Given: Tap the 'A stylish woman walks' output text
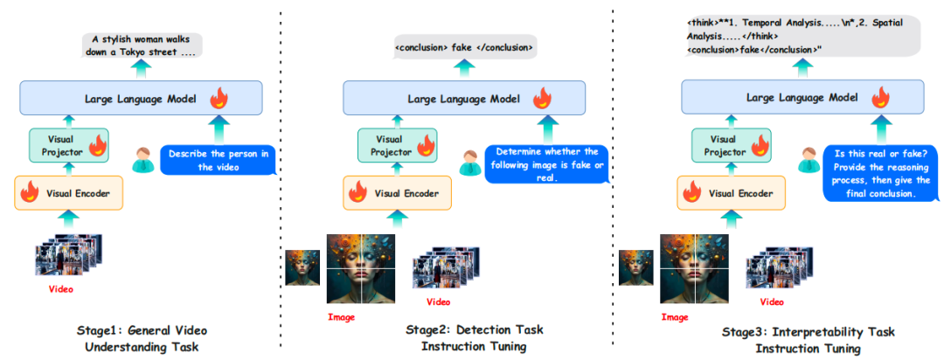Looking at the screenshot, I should point(142,45).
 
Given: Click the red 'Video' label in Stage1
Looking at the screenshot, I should point(59,287).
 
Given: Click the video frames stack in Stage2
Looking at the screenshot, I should point(441,267).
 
